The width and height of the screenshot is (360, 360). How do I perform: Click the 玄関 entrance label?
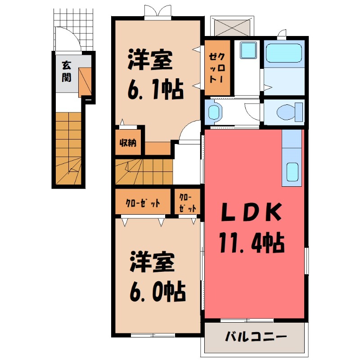tap(66, 71)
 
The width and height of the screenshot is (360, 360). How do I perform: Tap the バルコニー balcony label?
tap(255, 337)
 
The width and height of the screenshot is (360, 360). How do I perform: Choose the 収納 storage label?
tap(128, 143)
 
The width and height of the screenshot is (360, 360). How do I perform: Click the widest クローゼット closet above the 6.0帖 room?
tap(143, 203)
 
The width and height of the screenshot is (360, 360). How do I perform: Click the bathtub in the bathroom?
tap(283, 53)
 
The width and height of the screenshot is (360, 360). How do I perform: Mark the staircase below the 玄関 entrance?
tap(68, 148)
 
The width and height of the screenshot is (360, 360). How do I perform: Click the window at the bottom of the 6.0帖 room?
tap(153, 335)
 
